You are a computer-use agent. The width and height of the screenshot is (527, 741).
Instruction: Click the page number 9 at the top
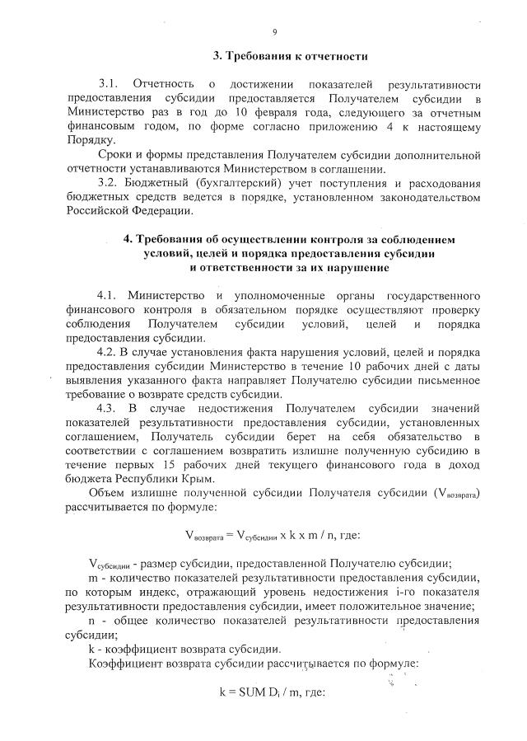click(275, 32)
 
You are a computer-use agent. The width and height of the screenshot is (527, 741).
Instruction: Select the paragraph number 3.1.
click(110, 84)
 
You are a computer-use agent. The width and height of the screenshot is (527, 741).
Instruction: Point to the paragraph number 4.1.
click(109, 295)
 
